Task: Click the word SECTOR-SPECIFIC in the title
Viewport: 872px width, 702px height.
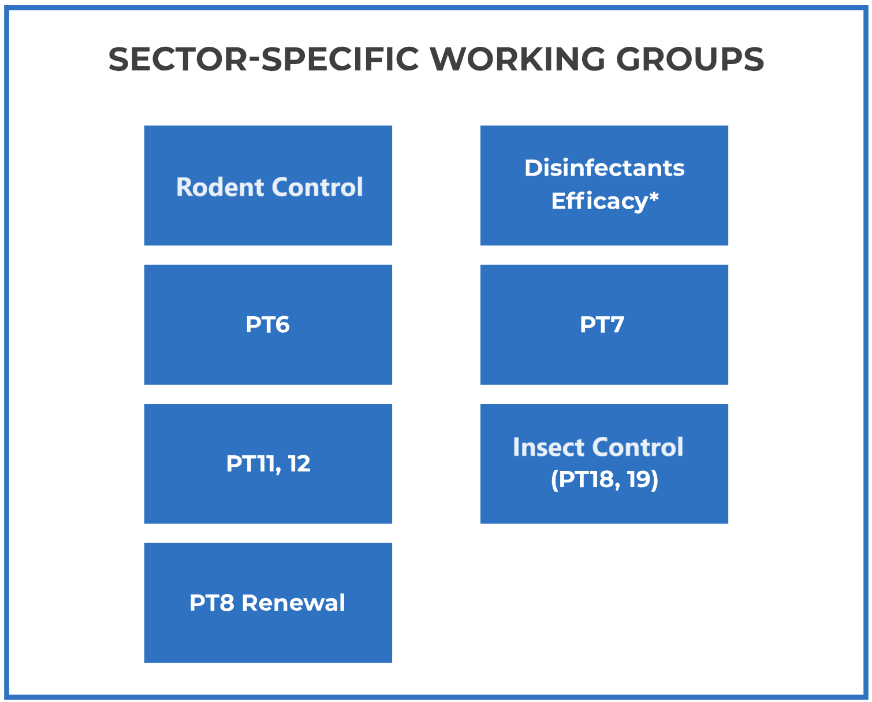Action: click(264, 59)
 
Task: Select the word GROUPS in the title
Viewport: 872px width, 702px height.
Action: click(690, 59)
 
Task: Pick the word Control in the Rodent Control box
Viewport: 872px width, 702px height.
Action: click(317, 187)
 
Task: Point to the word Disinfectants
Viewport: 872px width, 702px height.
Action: click(604, 168)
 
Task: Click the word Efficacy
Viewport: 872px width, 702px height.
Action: click(599, 202)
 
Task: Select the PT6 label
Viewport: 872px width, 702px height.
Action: click(268, 325)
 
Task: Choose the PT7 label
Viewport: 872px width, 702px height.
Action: click(602, 325)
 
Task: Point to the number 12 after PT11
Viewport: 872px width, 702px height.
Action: click(299, 463)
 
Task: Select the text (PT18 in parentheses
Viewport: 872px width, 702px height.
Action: click(582, 480)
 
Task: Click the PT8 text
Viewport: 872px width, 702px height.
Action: click(212, 603)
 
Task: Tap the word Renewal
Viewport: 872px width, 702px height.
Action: click(293, 603)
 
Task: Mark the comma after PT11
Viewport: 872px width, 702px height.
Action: click(278, 470)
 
